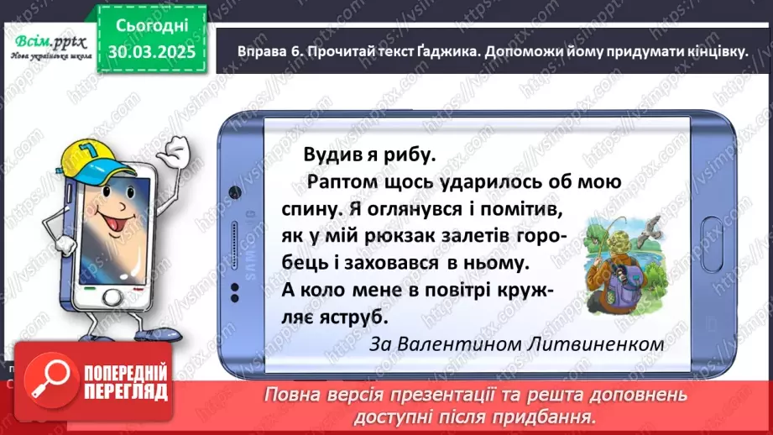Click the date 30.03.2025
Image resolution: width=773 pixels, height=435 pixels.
[152, 52]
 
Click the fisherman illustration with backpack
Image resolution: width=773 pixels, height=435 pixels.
[614, 252]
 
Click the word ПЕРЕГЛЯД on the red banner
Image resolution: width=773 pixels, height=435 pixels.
[128, 391]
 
